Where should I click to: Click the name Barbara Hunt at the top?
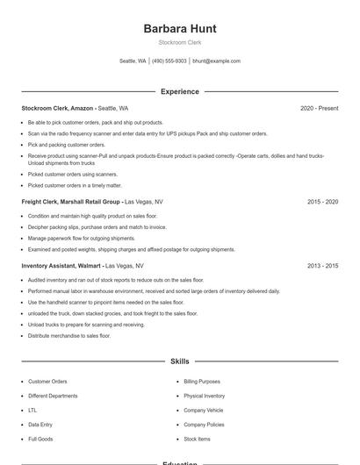click(180, 28)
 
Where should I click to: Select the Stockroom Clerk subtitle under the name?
click(180, 42)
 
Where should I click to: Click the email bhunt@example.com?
click(216, 61)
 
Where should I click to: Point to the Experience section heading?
click(180, 91)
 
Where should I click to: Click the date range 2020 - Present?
click(319, 108)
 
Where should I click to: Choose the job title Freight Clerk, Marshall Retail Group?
click(71, 202)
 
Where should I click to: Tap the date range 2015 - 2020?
click(322, 202)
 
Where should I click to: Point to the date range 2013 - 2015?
click(322, 265)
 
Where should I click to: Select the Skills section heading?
click(180, 361)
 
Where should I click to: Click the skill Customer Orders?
click(47, 382)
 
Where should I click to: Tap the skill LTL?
click(32, 410)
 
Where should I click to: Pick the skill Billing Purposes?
click(203, 382)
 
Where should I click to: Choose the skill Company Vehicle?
click(203, 410)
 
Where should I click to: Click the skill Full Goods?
click(40, 439)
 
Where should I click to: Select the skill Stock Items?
click(197, 439)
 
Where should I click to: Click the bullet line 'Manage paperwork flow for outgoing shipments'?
click(82, 238)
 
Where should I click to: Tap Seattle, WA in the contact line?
click(133, 61)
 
